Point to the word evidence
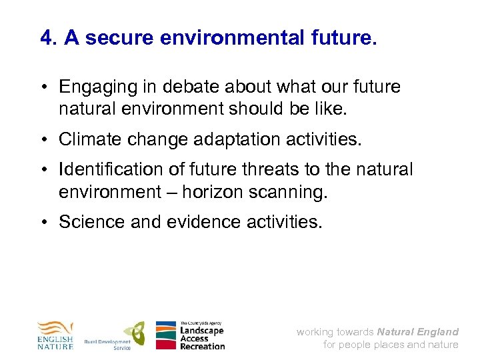(185, 222)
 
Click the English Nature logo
(55, 335)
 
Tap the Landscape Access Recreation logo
(191, 335)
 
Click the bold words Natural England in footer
(417, 331)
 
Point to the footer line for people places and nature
(391, 345)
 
